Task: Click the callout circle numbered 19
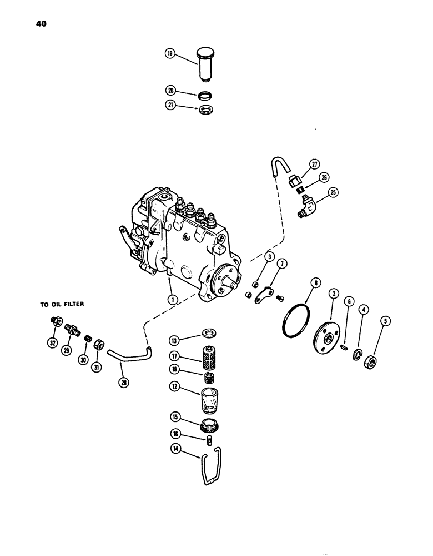click(170, 54)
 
